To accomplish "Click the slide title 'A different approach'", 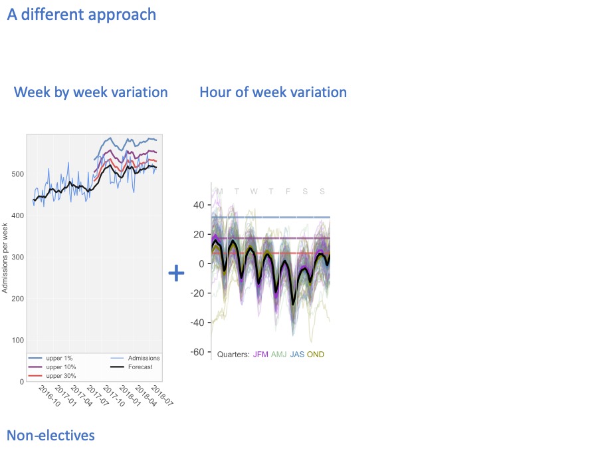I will (x=82, y=14).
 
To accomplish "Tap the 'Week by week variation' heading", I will (x=91, y=92).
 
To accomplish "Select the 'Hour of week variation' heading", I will (x=273, y=92).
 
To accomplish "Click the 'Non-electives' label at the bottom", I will (x=50, y=435).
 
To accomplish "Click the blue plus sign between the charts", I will (x=176, y=273).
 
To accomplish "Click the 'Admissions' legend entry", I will (x=144, y=358).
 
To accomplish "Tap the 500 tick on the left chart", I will (x=17, y=174).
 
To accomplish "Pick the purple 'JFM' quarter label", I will (x=260, y=355).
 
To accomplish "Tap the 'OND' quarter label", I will (x=316, y=355).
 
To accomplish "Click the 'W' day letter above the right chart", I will (x=254, y=192).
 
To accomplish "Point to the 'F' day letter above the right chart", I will (x=288, y=192).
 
